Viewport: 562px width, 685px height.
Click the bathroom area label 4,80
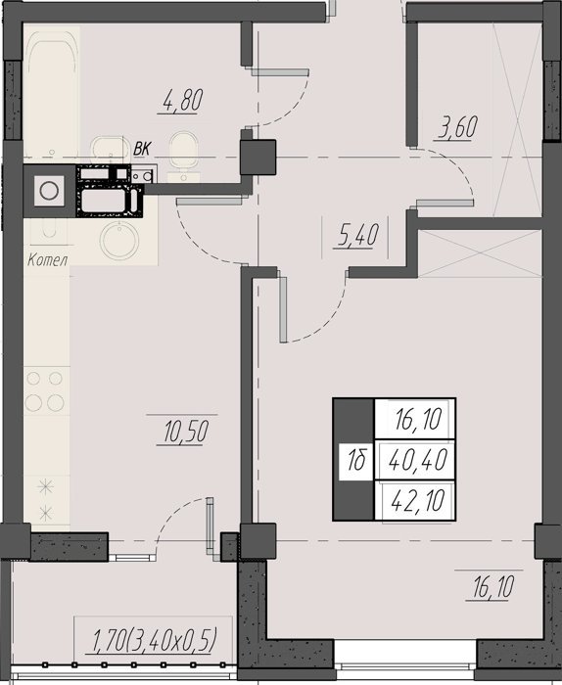(x=183, y=100)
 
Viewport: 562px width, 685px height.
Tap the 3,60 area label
(x=457, y=127)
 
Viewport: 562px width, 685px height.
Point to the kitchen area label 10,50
(x=186, y=432)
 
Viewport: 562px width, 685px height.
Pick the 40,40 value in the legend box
(x=418, y=460)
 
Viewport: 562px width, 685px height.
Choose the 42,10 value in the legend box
(x=418, y=500)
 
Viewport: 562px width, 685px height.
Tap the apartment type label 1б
(x=356, y=461)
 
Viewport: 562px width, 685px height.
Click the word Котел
(x=48, y=260)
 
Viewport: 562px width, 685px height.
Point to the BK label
(x=142, y=149)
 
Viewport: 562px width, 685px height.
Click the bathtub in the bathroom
(x=52, y=93)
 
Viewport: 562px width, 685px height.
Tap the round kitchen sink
(x=119, y=240)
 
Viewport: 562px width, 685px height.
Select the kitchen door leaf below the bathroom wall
(x=209, y=201)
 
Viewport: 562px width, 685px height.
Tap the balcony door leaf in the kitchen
(x=211, y=529)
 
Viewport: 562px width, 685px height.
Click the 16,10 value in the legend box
(x=418, y=419)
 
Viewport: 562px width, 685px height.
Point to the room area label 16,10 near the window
(x=492, y=587)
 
